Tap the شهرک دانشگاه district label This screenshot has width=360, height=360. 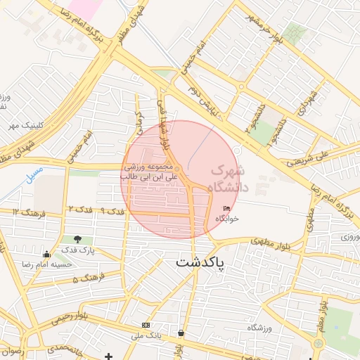(229, 179)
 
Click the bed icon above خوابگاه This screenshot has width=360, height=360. (226, 209)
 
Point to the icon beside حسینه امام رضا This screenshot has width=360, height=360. (47, 255)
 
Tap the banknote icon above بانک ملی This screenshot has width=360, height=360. (146, 325)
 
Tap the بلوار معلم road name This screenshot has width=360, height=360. (322, 317)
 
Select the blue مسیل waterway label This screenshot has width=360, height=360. (34, 173)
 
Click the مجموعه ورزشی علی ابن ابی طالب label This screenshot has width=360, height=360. (150, 172)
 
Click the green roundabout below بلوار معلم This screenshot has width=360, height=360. (318, 342)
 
